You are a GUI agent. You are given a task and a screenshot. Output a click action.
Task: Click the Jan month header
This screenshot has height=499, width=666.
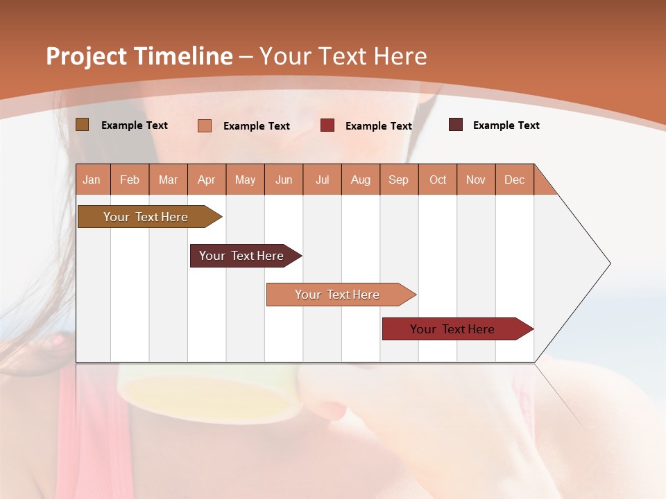coord(92,180)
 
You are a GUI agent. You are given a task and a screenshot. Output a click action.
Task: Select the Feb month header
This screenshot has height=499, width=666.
coord(130,180)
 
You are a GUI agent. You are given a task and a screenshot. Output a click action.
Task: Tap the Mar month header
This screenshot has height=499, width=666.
coord(168,180)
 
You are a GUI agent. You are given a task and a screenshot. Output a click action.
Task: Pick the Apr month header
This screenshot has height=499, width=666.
coord(207,180)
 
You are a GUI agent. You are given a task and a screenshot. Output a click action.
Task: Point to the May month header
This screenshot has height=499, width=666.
coord(245,180)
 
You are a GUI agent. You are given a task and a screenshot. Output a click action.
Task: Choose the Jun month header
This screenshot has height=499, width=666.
coord(284,180)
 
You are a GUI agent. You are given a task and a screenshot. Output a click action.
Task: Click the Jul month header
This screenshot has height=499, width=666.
coord(322,180)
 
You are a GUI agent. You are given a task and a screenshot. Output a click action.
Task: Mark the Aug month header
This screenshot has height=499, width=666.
coord(361,180)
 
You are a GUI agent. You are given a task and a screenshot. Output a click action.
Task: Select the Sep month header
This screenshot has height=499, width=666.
coord(399,180)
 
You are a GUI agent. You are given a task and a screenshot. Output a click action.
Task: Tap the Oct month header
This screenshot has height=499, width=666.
coord(438,180)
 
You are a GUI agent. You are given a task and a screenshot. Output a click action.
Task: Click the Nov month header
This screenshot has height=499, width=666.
coord(476,180)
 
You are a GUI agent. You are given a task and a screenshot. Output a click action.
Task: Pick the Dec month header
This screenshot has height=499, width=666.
coord(515,180)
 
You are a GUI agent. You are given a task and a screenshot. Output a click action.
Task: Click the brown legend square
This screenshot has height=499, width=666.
coord(83,125)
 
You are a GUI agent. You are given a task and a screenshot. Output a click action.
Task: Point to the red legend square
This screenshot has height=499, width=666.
coord(327,125)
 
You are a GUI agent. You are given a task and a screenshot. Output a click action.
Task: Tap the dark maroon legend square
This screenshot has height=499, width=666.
coord(456,125)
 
